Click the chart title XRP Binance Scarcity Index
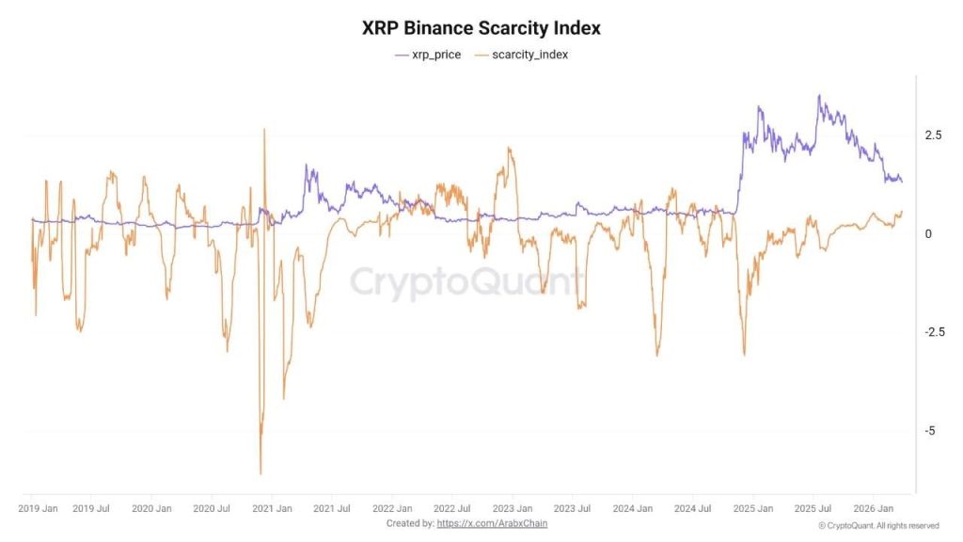pyautogui.click(x=481, y=28)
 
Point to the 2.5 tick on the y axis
pyautogui.click(x=933, y=135)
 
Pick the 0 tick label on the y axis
pyautogui.click(x=928, y=234)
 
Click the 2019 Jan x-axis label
pyautogui.click(x=38, y=508)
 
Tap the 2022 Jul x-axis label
pyautogui.click(x=451, y=508)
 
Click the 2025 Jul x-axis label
pyautogui.click(x=813, y=508)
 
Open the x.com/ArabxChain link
pyautogui.click(x=492, y=523)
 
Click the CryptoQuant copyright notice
pyautogui.click(x=878, y=525)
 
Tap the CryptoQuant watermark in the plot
pyautogui.click(x=467, y=281)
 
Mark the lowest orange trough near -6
pyautogui.click(x=260, y=473)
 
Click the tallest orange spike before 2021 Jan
pyautogui.click(x=264, y=130)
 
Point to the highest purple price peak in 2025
pyautogui.click(x=819, y=96)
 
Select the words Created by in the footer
pyautogui.click(x=410, y=523)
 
